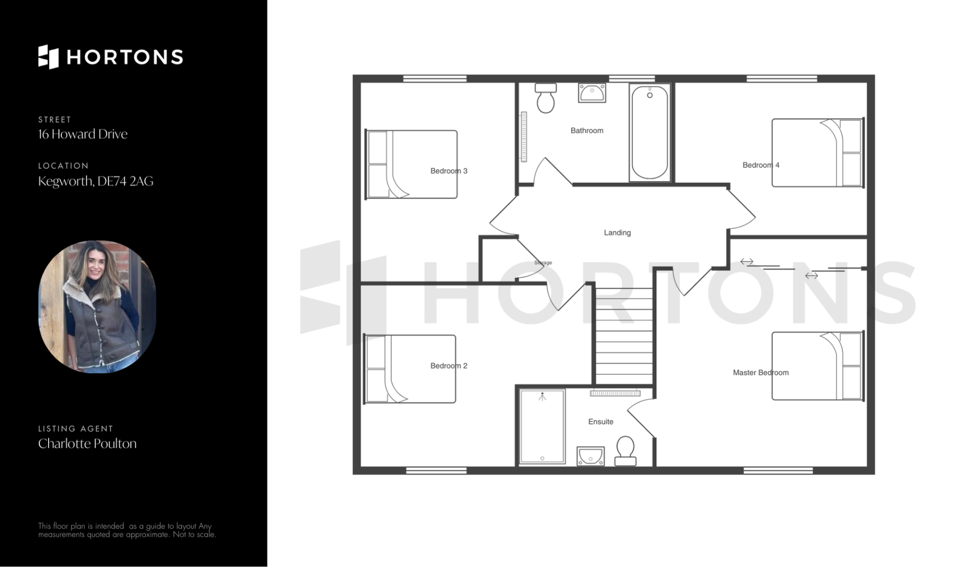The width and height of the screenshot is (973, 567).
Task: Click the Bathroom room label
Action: tap(587, 131)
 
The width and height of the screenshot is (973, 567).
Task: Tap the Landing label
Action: tap(617, 233)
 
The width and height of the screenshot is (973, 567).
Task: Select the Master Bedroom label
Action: tap(761, 372)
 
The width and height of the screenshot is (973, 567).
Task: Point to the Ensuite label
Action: tap(601, 422)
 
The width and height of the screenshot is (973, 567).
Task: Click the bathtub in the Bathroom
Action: tap(650, 133)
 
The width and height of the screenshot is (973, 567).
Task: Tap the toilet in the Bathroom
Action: tap(546, 98)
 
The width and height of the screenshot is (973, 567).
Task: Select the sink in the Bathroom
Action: tap(592, 93)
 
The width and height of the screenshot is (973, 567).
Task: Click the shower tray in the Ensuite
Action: tap(542, 426)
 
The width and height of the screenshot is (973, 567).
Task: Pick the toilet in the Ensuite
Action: tap(625, 451)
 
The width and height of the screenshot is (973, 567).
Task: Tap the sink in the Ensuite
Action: tap(590, 456)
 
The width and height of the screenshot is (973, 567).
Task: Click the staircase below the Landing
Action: tap(624, 336)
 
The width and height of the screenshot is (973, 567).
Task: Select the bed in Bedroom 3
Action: tap(411, 164)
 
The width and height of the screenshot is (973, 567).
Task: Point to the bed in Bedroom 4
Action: tap(818, 153)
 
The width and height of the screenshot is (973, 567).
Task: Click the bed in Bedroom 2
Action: tap(410, 369)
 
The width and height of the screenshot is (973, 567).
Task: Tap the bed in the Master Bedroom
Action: tap(818, 366)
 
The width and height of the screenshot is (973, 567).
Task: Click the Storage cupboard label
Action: tap(543, 262)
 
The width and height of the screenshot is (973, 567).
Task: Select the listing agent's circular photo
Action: tap(97, 307)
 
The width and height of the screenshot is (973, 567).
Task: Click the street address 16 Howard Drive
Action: tap(83, 134)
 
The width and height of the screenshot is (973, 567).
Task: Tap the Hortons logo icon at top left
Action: tap(49, 57)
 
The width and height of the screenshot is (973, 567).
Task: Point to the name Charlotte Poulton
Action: tap(87, 443)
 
